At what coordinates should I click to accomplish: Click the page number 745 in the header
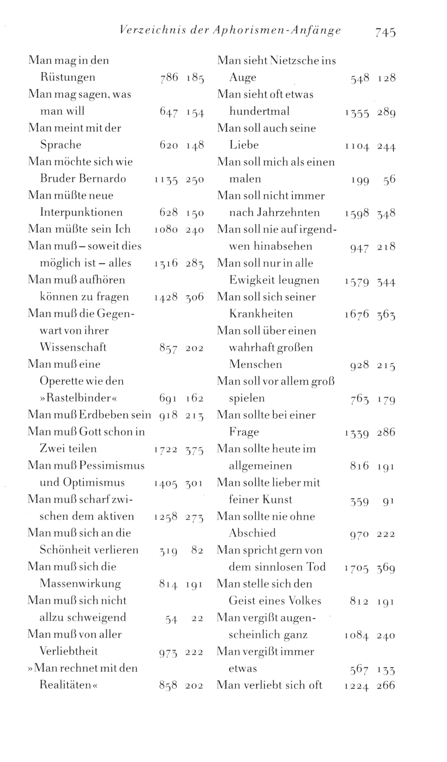385,32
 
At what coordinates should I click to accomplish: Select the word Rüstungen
68,77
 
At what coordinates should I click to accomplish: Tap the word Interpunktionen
81,212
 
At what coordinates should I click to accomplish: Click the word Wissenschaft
73,347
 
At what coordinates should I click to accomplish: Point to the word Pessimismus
112,465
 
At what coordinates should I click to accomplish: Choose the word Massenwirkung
80,584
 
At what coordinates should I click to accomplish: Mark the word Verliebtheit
69,651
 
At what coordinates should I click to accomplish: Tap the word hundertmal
259,111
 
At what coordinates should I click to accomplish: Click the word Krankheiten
261,314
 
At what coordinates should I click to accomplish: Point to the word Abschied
252,533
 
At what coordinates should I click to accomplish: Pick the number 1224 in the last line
357,685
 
